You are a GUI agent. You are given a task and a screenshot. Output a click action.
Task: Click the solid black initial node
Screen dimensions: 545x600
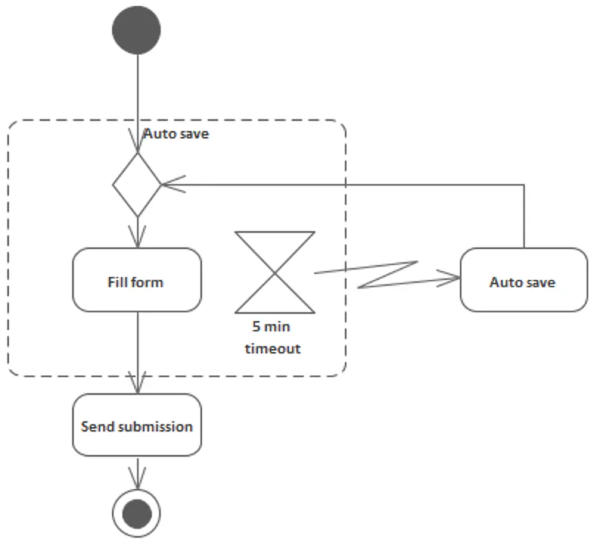(136, 29)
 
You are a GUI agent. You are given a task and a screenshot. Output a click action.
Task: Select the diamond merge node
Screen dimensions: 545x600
(137, 184)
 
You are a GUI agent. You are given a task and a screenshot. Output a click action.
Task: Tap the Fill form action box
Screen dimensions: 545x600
(137, 280)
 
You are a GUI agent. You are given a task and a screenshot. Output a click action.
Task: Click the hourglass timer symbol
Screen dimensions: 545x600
(275, 272)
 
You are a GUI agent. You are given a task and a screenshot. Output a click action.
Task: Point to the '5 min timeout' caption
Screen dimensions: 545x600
(273, 338)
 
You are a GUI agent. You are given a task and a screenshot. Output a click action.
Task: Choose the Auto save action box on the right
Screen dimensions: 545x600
(523, 280)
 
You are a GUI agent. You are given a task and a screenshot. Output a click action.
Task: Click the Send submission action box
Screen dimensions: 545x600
(137, 425)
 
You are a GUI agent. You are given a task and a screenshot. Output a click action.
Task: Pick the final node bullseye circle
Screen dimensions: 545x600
(136, 513)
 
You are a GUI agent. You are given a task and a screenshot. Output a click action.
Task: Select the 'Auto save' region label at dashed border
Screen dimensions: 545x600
(176, 134)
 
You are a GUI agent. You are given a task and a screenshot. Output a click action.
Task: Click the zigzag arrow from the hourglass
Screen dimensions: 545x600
(387, 274)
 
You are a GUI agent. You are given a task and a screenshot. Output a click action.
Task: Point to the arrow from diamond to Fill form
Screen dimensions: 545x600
(137, 232)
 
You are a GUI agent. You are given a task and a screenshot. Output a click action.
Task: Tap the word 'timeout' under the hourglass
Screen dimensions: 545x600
(273, 348)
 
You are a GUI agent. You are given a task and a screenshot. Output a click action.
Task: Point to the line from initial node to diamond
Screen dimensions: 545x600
(137, 88)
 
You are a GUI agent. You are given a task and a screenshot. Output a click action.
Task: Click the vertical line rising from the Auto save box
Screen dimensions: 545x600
(524, 217)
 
